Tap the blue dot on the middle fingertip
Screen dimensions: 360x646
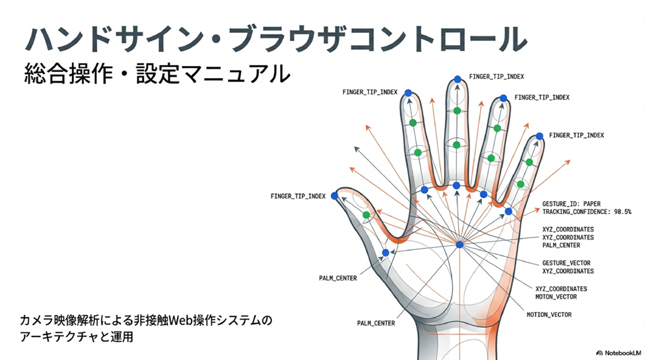pyautogui.click(x=458, y=79)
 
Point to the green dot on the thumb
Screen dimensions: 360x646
pyautogui.click(x=367, y=215)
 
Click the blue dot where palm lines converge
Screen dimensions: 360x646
pyautogui.click(x=460, y=244)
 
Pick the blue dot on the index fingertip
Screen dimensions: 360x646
pyautogui.click(x=408, y=98)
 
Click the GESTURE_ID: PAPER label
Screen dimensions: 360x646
pyautogui.click(x=571, y=203)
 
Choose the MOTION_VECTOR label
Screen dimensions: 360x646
pyautogui.click(x=551, y=314)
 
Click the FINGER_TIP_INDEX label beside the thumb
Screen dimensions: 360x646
pyautogui.click(x=298, y=196)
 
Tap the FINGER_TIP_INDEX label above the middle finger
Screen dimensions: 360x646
pyautogui.click(x=497, y=77)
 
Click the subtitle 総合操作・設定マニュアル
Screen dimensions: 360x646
pyautogui.click(x=156, y=73)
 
